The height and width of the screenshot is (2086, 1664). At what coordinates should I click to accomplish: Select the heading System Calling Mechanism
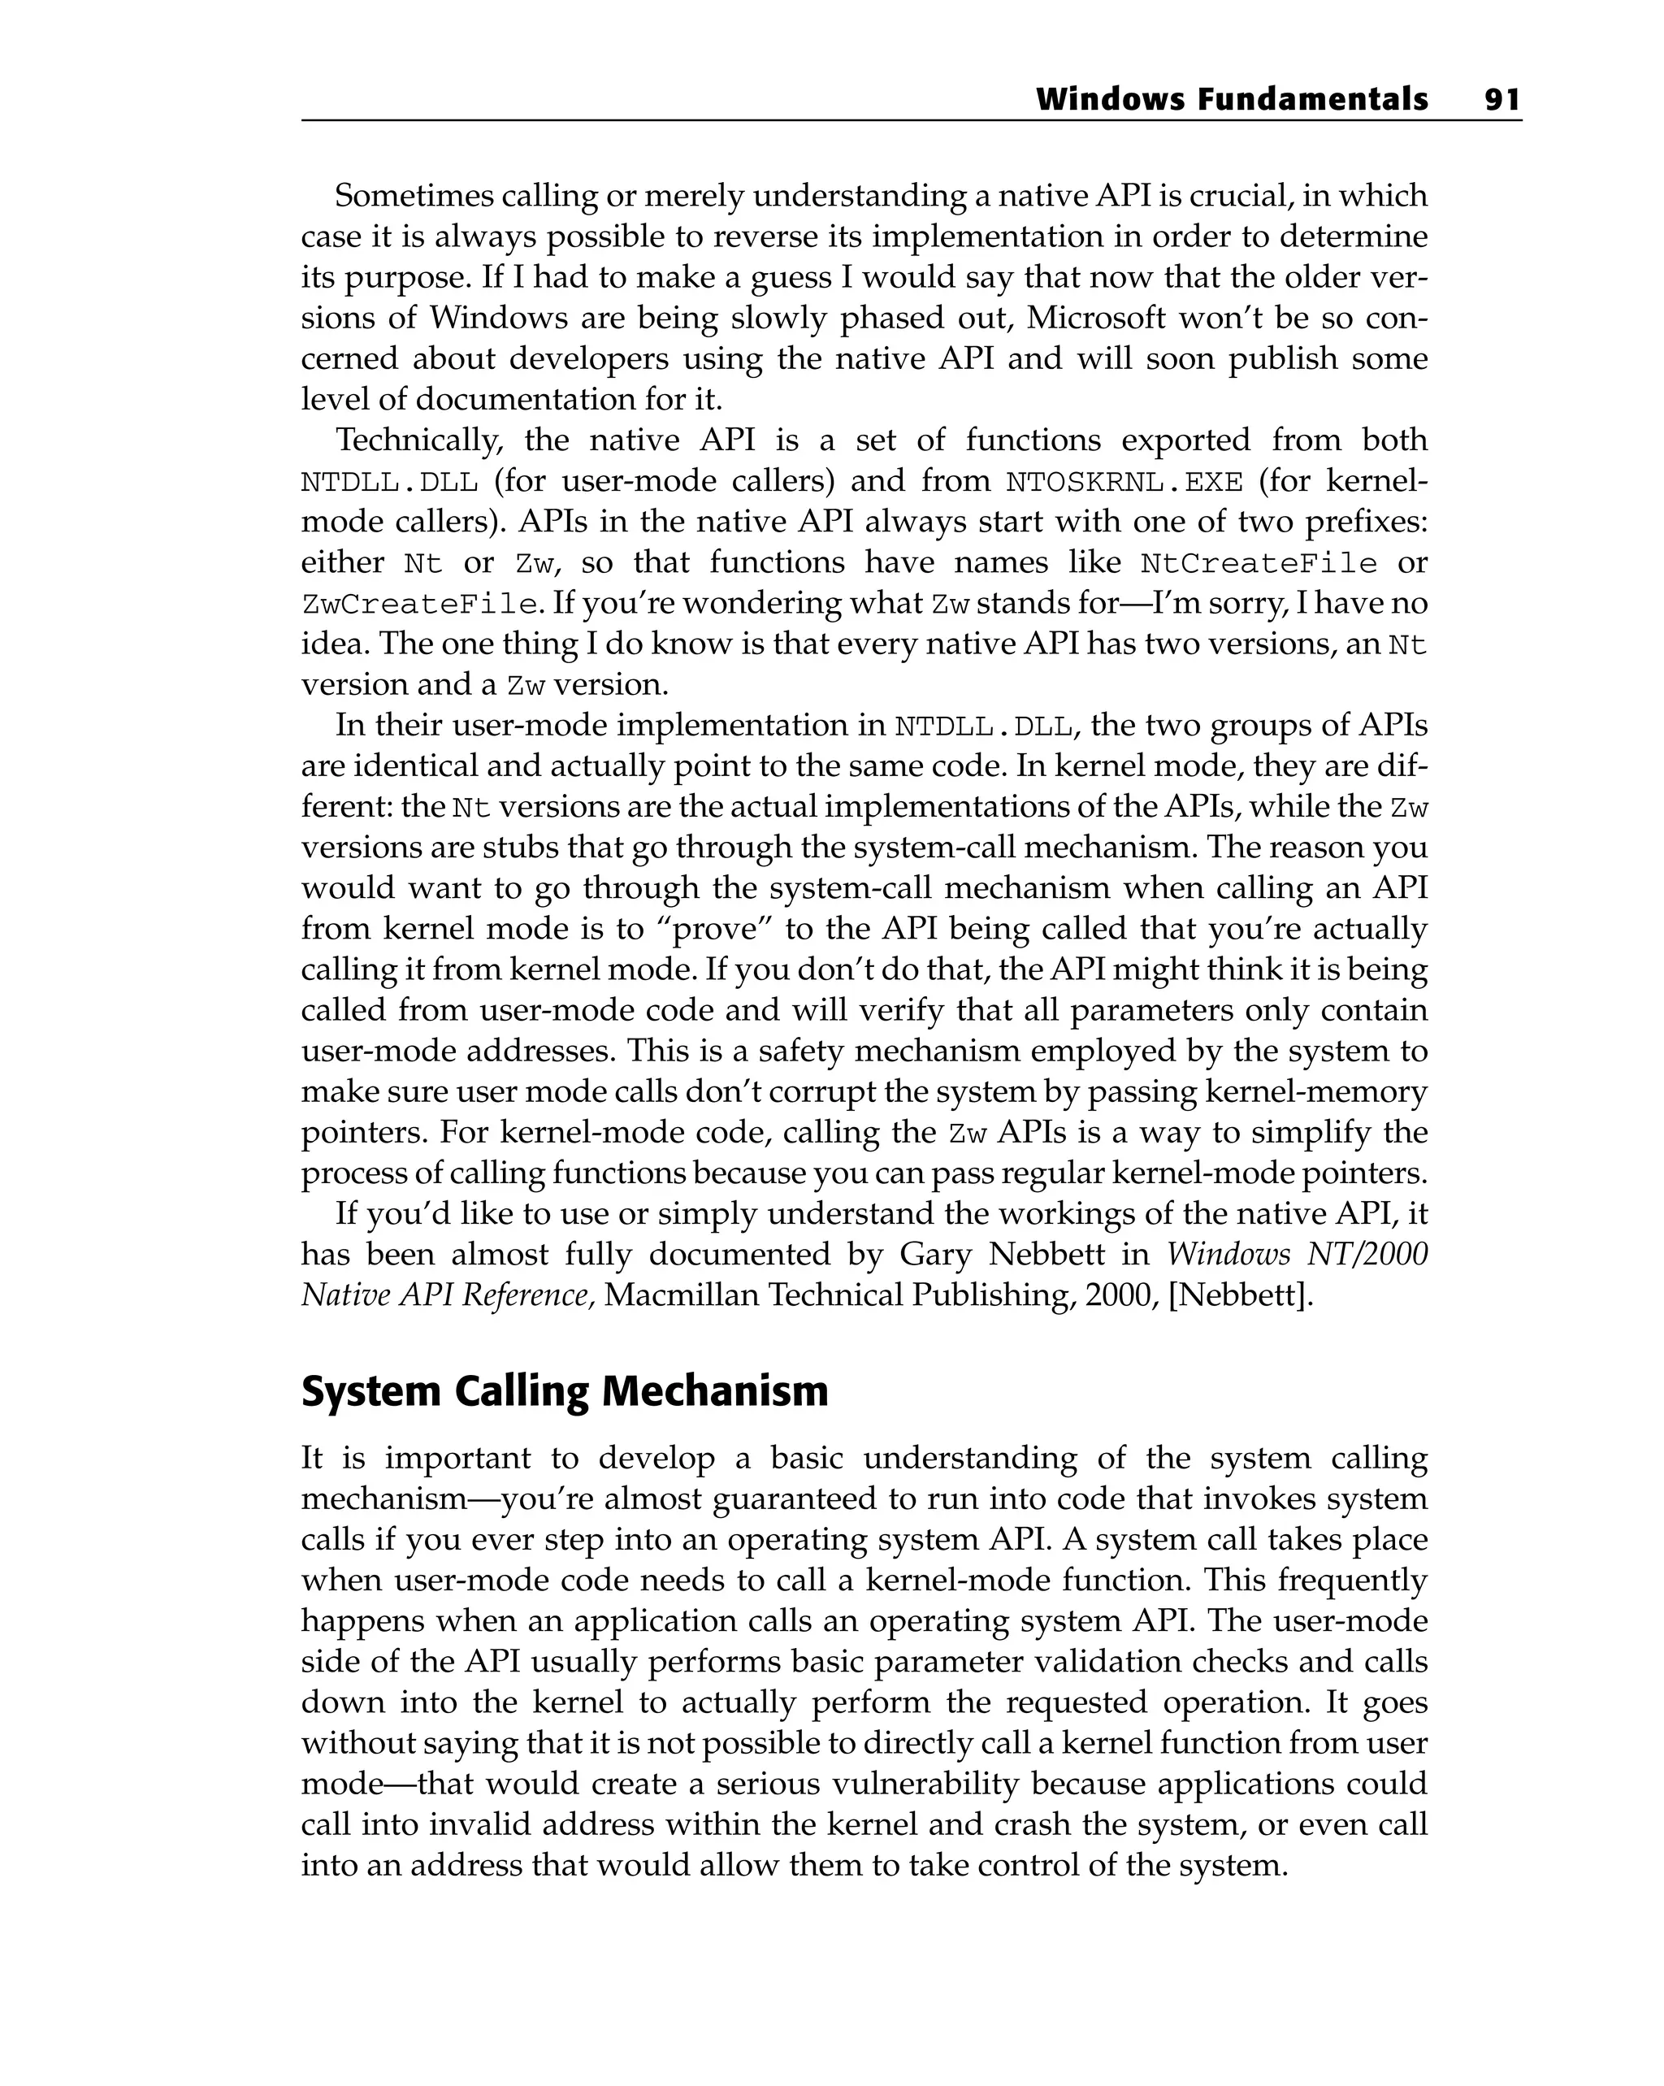pyautogui.click(x=564, y=1391)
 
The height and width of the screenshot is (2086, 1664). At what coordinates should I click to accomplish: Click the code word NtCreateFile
pyautogui.click(x=1259, y=563)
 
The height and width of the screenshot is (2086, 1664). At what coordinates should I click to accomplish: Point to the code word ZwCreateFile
pyautogui.click(x=420, y=605)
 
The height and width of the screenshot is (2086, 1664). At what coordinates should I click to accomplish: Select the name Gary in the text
pyautogui.click(x=934, y=1254)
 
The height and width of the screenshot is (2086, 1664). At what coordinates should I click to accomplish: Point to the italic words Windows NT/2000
pyautogui.click(x=1297, y=1254)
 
